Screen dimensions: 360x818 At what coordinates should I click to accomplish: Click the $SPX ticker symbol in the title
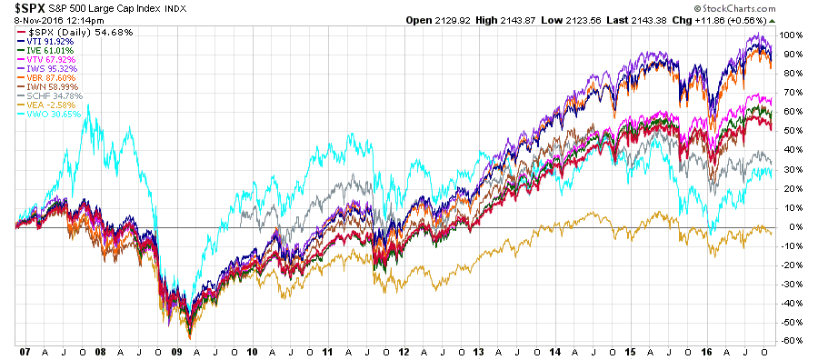point(24,8)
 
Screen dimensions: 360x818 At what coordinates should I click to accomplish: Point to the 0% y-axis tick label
point(793,226)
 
